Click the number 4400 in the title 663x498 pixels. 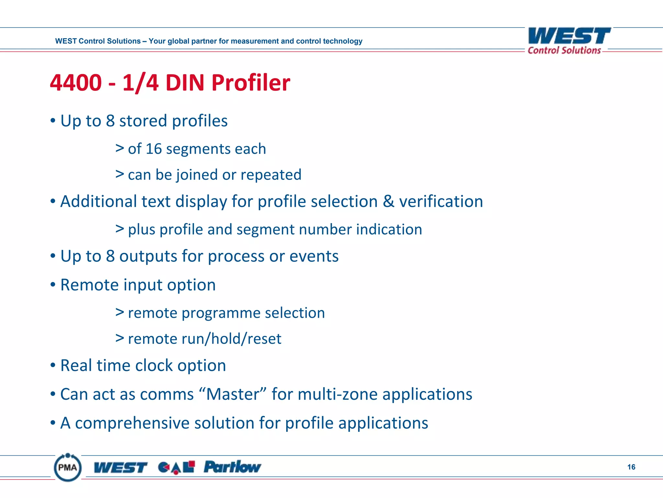(76, 83)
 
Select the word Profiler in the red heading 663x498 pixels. (251, 83)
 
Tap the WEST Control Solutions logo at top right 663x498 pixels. (569, 41)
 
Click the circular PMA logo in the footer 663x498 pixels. (68, 467)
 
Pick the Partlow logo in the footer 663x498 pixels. (232, 467)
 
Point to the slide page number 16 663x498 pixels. (631, 467)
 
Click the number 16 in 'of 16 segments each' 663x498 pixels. (153, 149)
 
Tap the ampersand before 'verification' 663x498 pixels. (388, 201)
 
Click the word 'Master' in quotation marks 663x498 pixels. (233, 394)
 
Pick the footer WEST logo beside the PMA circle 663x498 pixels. (120, 468)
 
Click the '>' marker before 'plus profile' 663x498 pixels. (120, 229)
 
